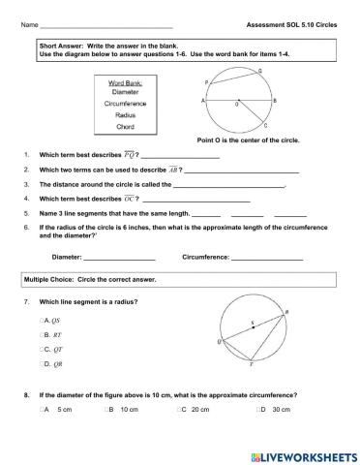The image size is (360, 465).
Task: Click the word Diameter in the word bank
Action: [x=125, y=92]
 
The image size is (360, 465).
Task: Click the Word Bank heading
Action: [x=125, y=82]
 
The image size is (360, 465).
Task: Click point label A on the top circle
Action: [x=202, y=100]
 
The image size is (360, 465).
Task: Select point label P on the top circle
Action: [x=206, y=82]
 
